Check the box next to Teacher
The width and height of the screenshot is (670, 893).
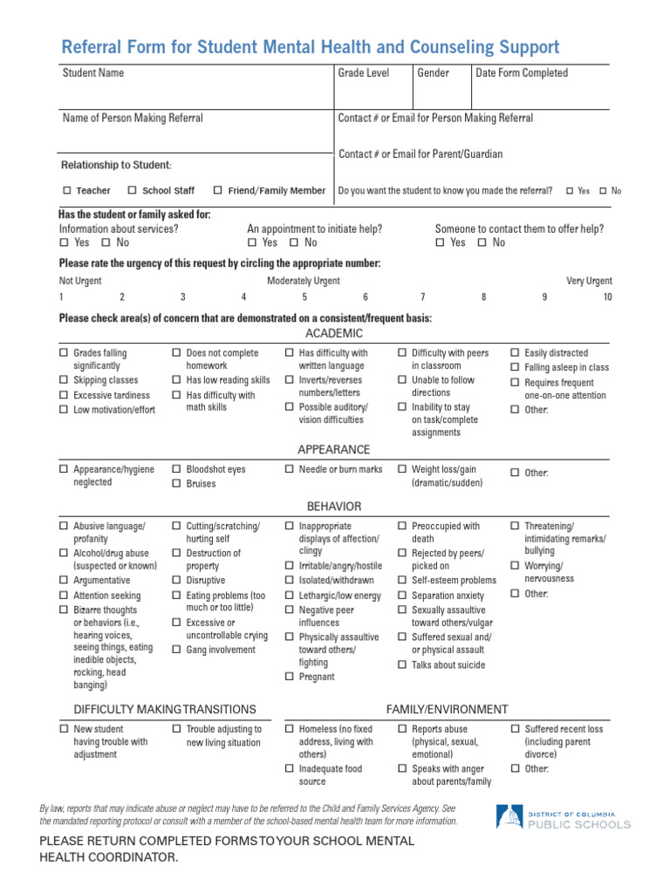point(67,190)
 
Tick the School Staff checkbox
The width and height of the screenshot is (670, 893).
point(133,190)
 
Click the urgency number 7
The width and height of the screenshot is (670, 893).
point(423,297)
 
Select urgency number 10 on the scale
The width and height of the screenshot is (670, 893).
point(607,297)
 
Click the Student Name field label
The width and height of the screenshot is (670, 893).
point(93,73)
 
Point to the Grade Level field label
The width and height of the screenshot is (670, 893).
point(364,73)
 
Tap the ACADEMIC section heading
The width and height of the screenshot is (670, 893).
point(333,333)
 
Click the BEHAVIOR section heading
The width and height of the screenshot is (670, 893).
point(333,506)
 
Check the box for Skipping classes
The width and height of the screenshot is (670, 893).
point(64,381)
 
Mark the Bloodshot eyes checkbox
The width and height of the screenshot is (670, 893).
point(176,469)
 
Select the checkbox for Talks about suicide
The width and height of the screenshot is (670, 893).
point(402,665)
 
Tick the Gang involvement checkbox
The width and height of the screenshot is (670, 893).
point(176,650)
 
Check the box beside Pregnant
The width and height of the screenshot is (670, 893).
point(290,677)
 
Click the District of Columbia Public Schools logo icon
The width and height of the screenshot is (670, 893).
point(509,817)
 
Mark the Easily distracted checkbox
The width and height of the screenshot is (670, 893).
point(515,353)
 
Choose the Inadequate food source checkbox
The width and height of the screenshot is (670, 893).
point(290,769)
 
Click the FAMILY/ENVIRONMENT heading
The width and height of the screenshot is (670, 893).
point(447,709)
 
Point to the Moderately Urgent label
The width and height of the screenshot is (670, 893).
point(304,281)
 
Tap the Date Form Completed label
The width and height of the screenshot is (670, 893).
point(522,73)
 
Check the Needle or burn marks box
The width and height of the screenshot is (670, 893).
point(290,469)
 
